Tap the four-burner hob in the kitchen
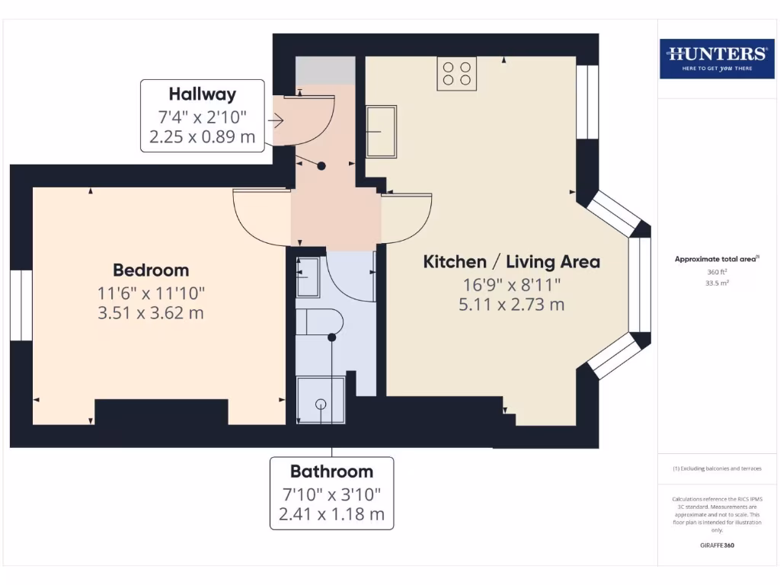(456, 73)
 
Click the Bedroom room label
(151, 270)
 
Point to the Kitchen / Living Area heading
(511, 262)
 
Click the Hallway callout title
(202, 94)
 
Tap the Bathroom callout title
(331, 471)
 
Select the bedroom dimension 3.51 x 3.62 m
(151, 312)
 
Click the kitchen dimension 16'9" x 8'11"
(511, 284)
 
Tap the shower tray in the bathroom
(321, 400)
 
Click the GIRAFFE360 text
(716, 545)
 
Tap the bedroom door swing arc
(259, 221)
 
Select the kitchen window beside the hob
(587, 102)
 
